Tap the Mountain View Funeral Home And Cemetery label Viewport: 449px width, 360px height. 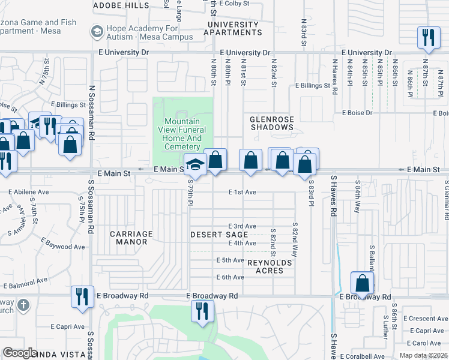click(182, 134)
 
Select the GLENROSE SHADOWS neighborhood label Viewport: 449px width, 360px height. click(272, 123)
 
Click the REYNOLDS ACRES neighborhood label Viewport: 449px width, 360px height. click(270, 267)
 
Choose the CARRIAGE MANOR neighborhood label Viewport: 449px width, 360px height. click(131, 238)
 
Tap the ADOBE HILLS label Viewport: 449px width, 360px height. click(122, 5)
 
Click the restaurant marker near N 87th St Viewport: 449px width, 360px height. click(427, 37)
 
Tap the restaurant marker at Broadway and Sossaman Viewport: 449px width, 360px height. click(81, 296)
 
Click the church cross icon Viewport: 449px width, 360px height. click(23, 305)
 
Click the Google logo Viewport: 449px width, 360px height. click(20, 353)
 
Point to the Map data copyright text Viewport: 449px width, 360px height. click(424, 355)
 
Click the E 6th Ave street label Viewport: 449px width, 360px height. click(231, 277)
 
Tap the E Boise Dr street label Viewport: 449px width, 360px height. click(357, 112)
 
